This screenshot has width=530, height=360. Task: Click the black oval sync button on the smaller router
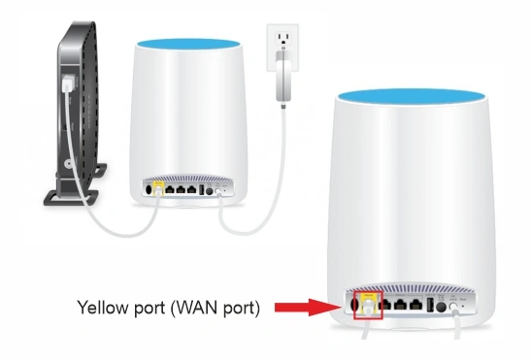pos(148,189)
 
